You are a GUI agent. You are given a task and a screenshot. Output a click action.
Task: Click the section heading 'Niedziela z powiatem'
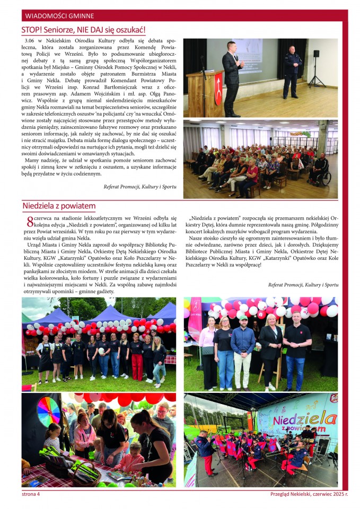click(59, 206)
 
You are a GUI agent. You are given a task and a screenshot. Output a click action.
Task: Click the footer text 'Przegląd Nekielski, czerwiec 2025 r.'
click(309, 494)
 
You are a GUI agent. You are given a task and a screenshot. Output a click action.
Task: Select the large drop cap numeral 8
click(30, 222)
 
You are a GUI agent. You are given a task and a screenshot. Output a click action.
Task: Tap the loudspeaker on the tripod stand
click(316, 54)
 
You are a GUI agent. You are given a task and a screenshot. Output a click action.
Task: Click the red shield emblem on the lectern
click(217, 82)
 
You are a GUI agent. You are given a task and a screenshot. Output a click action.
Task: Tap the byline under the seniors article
click(139, 186)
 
